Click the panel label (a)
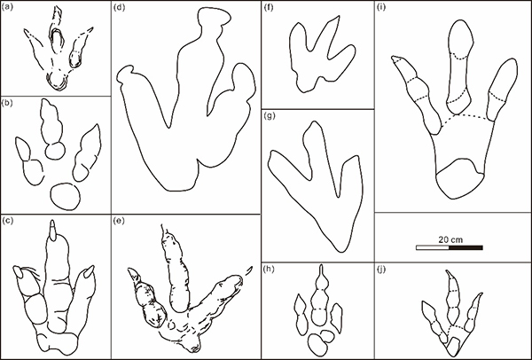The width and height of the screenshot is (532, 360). [x=7, y=7]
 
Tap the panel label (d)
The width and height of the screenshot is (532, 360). [x=120, y=7]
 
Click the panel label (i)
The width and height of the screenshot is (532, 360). [x=381, y=7]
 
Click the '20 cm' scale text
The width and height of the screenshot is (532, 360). [x=450, y=239]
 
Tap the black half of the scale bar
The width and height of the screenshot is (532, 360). [x=465, y=247]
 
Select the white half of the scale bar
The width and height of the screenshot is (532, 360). [x=433, y=247]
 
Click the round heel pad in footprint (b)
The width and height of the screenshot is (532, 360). [x=66, y=197]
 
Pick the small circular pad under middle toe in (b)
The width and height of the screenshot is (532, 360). [x=55, y=151]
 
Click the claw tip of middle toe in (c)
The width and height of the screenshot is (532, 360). [x=52, y=231]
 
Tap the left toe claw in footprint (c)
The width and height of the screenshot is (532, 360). [x=18, y=272]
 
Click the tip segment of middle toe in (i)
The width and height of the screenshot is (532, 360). [x=461, y=38]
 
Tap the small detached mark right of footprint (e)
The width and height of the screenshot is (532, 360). [x=248, y=270]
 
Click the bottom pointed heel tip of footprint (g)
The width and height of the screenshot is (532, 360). [x=341, y=249]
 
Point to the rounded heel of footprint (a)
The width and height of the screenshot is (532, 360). [x=58, y=82]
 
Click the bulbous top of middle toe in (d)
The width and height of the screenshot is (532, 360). [x=215, y=16]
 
